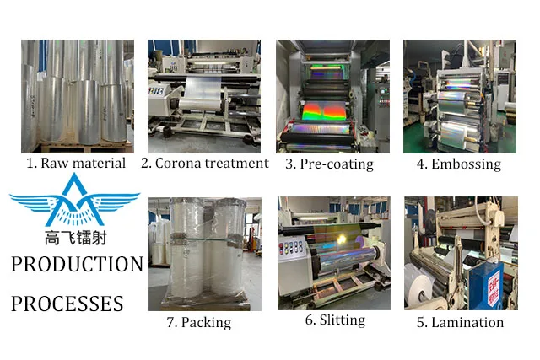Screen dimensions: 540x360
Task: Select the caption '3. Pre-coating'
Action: click(x=332, y=164)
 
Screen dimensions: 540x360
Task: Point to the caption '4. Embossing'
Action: click(x=459, y=164)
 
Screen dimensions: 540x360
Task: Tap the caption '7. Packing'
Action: click(x=198, y=322)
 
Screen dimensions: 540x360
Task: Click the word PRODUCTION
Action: click(x=77, y=265)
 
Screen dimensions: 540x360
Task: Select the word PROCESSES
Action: click(x=67, y=303)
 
